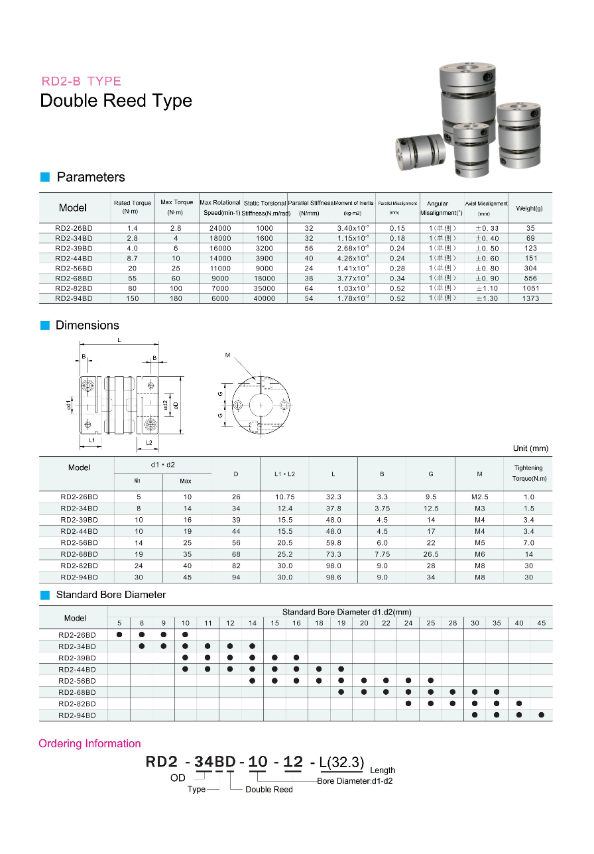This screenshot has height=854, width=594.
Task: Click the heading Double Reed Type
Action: pos(116,101)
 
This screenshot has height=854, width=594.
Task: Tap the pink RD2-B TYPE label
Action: pos(81,82)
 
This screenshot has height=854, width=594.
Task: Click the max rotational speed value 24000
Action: pos(220,228)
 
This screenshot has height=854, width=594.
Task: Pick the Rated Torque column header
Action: pos(133,207)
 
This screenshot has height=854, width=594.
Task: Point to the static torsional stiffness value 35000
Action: pos(264,289)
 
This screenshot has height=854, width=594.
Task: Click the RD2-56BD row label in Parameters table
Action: pos(74,269)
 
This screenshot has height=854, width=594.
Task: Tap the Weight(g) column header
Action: pos(530,208)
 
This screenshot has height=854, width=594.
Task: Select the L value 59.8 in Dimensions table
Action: pos(333,543)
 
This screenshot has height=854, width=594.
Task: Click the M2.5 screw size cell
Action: pos(479,497)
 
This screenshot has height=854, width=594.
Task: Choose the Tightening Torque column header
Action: pos(528,473)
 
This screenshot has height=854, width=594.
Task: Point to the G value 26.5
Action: pos(431,554)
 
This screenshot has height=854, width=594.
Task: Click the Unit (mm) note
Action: pos(530,448)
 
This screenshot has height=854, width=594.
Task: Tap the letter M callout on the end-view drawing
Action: pos(227,355)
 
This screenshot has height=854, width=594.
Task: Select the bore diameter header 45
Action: pos(542,623)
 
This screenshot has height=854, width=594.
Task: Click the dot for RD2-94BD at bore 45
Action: pos(542,715)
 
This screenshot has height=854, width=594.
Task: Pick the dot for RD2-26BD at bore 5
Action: pos(119,635)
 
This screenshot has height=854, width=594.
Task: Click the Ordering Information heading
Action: pos(89,744)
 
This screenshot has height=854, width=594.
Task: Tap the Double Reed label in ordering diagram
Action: pos(268,790)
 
